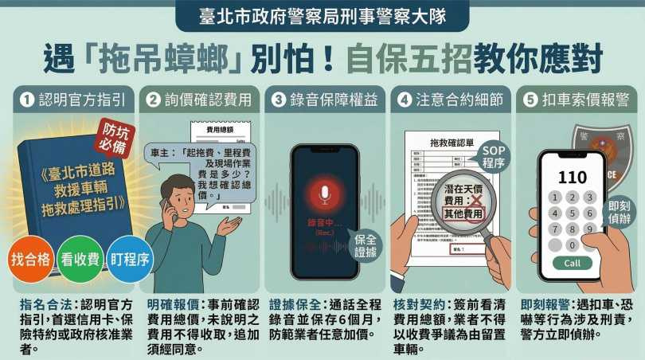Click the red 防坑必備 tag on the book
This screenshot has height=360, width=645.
113,138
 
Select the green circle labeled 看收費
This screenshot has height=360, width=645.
79,259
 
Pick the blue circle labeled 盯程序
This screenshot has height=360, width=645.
128,259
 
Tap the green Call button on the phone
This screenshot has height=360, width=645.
571,264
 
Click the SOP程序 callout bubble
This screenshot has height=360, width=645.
494,156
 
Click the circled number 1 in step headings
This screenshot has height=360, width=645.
26,100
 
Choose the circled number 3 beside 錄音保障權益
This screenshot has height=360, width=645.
278,100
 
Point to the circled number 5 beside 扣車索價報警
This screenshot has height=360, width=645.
531,100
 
